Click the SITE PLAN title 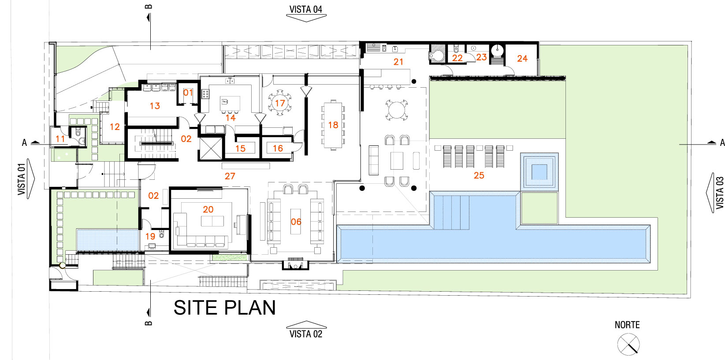coord(225,307)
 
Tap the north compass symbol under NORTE coord(628,345)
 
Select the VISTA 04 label coord(306,9)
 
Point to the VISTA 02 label coord(306,334)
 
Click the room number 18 coord(333,125)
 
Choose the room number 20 coord(208,209)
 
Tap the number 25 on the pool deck coord(479,175)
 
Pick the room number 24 coord(522,59)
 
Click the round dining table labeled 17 coord(279,103)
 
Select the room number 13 coord(155,106)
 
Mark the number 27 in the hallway coord(230,176)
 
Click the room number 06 coord(296,222)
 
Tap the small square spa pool coord(539,171)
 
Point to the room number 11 coord(60,139)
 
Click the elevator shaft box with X coord(211,148)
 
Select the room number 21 coord(398,62)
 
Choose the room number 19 coord(150,237)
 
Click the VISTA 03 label coord(720,193)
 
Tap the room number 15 coord(240,148)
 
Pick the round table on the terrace coord(397,110)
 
